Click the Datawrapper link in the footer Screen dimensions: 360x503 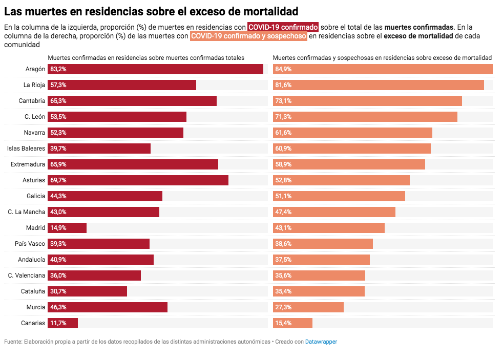coord(321,342)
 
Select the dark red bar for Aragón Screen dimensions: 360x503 coord(155,69)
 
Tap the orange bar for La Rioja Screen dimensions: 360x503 coord(379,85)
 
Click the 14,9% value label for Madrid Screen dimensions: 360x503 coord(58,228)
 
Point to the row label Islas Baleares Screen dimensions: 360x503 coord(26,149)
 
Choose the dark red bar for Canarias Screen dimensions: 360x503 coord(62,323)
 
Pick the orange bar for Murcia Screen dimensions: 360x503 coord(308,307)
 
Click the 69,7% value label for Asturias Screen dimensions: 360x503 coord(58,180)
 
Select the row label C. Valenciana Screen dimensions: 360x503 coord(27,276)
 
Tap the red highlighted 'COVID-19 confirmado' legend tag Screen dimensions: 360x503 coord(283,27)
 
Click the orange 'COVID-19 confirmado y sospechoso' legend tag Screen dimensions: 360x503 coord(248,36)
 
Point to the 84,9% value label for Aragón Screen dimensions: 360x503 coord(283,69)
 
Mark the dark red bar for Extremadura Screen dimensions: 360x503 coord(133,164)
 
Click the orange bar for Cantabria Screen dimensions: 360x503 coord(368,101)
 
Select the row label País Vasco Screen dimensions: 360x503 coord(30,244)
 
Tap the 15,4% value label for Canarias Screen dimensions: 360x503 coord(283,323)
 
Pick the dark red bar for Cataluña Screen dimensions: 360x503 coord(88,291)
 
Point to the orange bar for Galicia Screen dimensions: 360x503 coord(339,196)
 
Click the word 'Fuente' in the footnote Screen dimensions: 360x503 coord(13,342)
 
